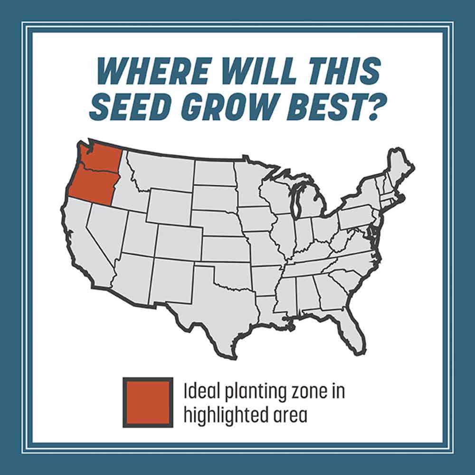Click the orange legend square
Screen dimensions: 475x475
pyautogui.click(x=148, y=402)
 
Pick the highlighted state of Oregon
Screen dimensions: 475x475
pyautogui.click(x=92, y=185)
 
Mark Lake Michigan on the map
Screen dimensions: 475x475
pyautogui.click(x=299, y=199)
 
